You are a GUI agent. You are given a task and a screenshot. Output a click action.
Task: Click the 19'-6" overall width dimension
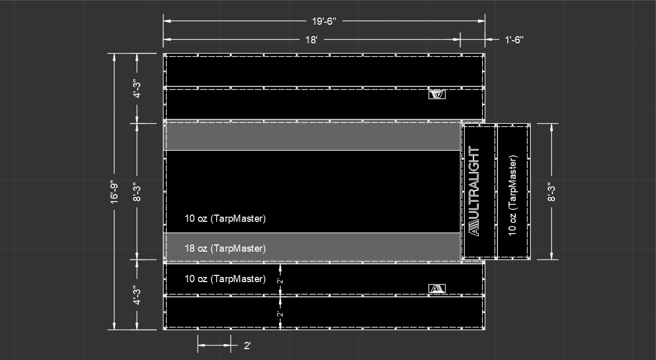(x=324, y=21)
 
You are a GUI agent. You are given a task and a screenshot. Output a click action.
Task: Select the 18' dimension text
(x=311, y=40)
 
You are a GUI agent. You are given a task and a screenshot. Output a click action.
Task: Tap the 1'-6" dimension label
(x=514, y=40)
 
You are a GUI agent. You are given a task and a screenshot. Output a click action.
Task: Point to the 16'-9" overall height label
(x=114, y=192)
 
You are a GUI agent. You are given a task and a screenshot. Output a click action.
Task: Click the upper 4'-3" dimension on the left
(x=137, y=88)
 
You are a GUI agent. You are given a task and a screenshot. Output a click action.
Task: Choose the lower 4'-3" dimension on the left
(x=137, y=294)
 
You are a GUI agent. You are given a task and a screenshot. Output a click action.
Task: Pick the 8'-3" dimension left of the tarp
(x=137, y=192)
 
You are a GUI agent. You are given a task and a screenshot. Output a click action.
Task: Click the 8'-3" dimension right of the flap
(x=551, y=192)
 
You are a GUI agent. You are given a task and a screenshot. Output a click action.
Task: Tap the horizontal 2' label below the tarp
(x=247, y=346)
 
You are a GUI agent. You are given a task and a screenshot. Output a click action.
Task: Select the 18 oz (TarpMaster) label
(x=225, y=249)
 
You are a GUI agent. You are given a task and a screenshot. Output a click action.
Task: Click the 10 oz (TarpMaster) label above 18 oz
(x=225, y=219)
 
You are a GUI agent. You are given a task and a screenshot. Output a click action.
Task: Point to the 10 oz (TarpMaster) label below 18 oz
(x=225, y=279)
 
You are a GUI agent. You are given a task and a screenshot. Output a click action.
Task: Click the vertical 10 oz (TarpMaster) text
(x=513, y=195)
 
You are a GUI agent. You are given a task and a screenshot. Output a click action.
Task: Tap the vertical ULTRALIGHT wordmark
(x=474, y=191)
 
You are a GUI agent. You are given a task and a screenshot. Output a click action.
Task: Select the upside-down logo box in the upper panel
(x=437, y=94)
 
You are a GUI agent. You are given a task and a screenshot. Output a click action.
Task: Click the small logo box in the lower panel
(x=437, y=288)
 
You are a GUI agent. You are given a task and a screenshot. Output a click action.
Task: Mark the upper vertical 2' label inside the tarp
(x=280, y=281)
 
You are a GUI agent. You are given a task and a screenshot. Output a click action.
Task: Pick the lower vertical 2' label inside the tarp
(x=280, y=314)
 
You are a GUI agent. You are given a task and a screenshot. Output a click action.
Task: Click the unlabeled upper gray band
(x=311, y=137)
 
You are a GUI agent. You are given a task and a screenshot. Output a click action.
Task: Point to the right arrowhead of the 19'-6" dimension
(x=482, y=21)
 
